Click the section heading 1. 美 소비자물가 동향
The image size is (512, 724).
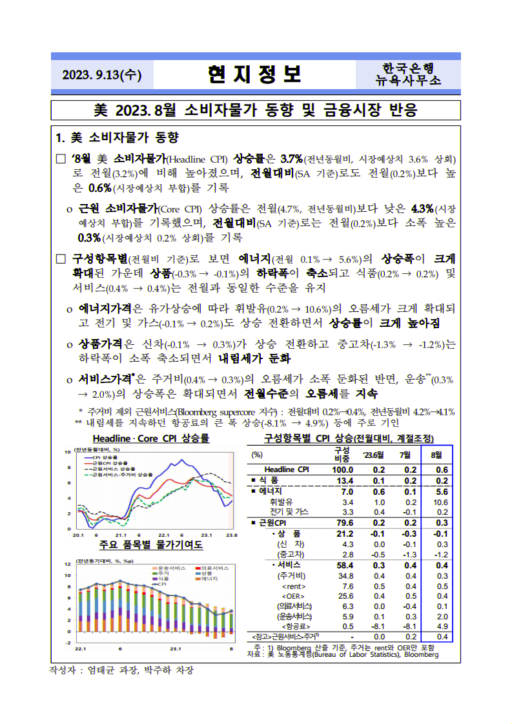(117, 138)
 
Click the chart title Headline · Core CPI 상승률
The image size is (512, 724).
(150, 439)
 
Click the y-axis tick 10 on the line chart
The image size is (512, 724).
(68, 451)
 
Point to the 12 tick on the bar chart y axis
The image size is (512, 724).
(67, 564)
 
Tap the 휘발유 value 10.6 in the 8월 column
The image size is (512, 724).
(442, 502)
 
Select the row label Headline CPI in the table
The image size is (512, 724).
(288, 470)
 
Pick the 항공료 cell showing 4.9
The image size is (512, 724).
(442, 626)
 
